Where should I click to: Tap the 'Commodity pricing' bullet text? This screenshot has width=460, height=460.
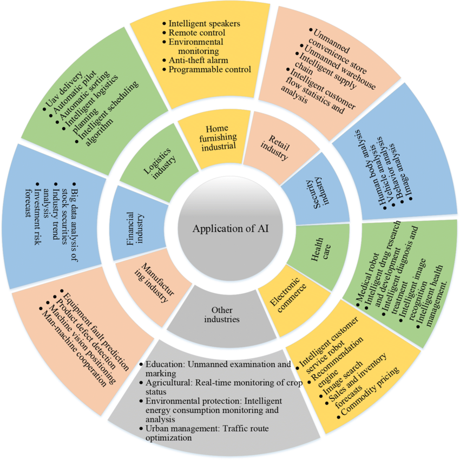click(371, 394)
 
